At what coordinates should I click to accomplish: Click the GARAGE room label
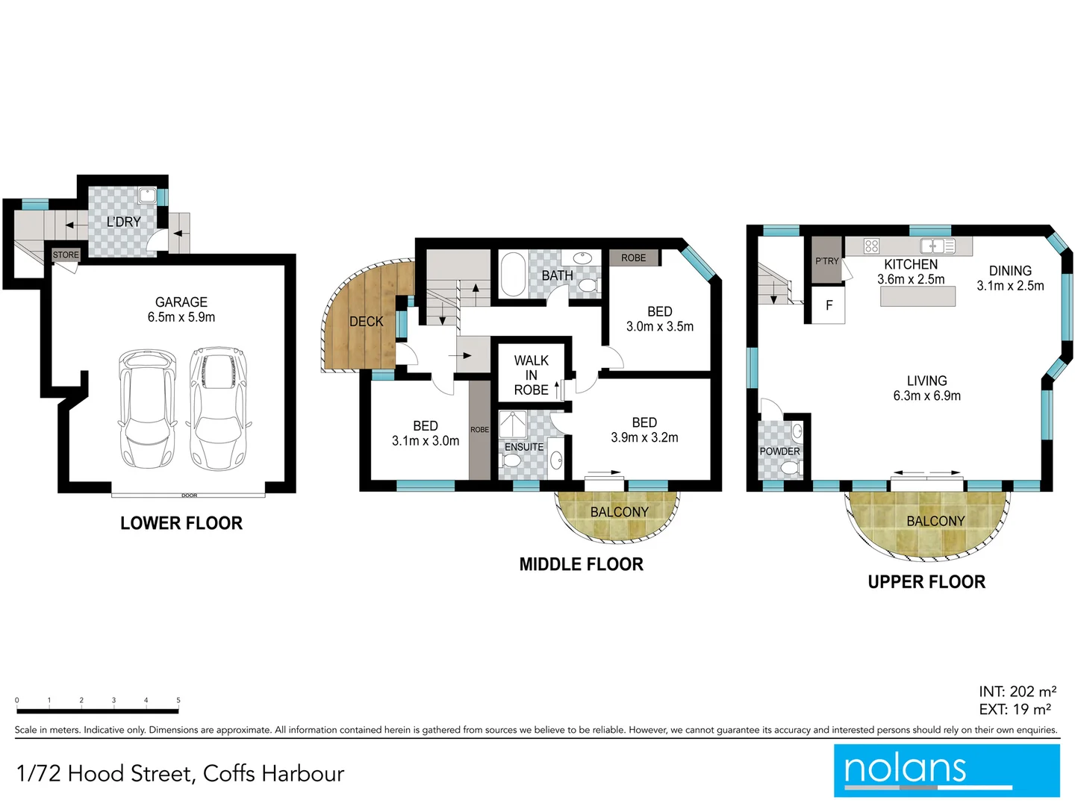(181, 302)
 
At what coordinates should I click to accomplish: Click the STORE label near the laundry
(66, 255)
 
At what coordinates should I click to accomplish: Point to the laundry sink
(147, 196)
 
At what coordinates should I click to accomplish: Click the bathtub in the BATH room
(513, 275)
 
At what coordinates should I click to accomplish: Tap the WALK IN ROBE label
(531, 375)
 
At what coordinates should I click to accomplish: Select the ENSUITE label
(524, 447)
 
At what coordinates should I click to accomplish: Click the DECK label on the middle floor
(366, 322)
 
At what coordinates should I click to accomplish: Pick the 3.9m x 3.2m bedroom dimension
(644, 438)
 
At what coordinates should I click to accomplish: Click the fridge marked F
(829, 306)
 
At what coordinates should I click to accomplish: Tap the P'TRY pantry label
(826, 261)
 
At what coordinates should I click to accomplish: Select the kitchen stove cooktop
(871, 246)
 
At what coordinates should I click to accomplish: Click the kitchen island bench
(917, 296)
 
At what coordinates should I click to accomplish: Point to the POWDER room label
(779, 452)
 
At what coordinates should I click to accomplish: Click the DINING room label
(1010, 271)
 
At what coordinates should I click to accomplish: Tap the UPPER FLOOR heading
(926, 582)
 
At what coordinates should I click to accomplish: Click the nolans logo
(946, 770)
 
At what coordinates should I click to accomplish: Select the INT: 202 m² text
(1018, 692)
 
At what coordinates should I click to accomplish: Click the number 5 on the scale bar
(178, 700)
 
